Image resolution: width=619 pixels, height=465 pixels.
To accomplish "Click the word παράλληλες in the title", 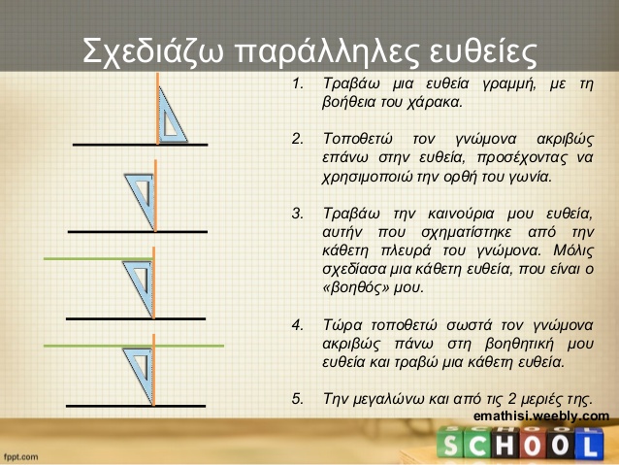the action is coord(327,51).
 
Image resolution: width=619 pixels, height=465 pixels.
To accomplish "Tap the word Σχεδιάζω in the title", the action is coord(153,51).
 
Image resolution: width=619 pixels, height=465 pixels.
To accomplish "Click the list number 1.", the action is coord(298,83).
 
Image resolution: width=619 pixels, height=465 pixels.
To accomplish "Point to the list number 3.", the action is coord(298,214).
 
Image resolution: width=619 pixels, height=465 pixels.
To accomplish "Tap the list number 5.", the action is coord(298,399).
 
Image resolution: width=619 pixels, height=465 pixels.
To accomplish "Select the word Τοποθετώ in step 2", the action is coord(358,139).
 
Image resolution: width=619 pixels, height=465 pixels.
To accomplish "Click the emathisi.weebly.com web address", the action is coord(541,416).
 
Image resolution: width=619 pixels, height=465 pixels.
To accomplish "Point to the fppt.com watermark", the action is coord(21,456).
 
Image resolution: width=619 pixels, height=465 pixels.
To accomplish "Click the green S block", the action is coord(451,444).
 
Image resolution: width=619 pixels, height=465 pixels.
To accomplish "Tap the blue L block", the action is coord(589,445).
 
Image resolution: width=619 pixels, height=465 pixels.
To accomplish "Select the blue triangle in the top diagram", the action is coord(172,116).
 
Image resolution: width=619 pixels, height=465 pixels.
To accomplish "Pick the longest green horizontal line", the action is coord(134,346).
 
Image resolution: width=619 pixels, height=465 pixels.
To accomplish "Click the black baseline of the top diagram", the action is coord(140,145).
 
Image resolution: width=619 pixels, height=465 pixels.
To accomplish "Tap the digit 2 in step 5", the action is coord(511,398).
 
